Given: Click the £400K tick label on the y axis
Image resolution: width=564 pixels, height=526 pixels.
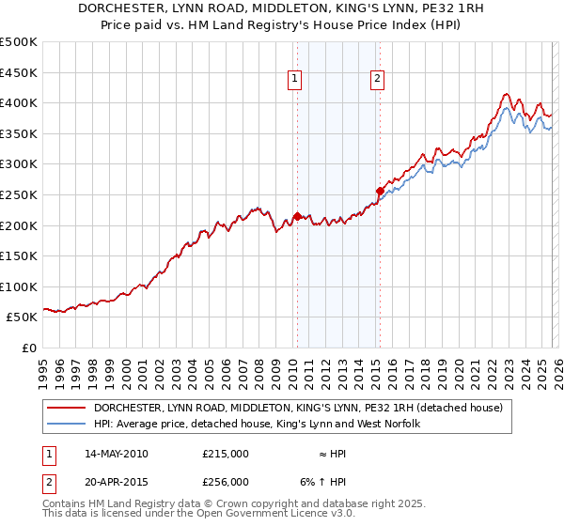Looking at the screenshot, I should (x=19, y=102).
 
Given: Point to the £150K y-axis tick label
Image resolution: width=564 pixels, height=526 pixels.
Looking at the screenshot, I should (x=19, y=255).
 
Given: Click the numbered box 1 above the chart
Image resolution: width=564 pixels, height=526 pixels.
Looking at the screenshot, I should (x=295, y=80).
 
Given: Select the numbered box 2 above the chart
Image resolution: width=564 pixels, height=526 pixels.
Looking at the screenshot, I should (x=377, y=80).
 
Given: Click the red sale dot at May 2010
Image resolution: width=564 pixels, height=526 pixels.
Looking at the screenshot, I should (x=298, y=216).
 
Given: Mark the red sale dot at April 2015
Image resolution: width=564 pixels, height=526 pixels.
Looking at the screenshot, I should (x=380, y=191).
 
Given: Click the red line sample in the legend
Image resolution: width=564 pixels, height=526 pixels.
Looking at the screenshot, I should (x=67, y=408).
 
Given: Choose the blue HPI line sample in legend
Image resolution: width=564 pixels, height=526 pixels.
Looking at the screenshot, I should (x=67, y=424).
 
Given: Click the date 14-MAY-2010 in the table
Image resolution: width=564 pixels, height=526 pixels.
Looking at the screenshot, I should (x=117, y=454).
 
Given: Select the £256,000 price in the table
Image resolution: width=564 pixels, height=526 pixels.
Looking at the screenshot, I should (x=226, y=482).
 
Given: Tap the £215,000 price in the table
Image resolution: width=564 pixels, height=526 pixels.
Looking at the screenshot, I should (x=226, y=454).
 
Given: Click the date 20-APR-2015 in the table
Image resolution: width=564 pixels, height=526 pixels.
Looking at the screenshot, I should (x=117, y=482).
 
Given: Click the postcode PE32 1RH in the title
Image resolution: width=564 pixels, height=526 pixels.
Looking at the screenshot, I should (x=447, y=8).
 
